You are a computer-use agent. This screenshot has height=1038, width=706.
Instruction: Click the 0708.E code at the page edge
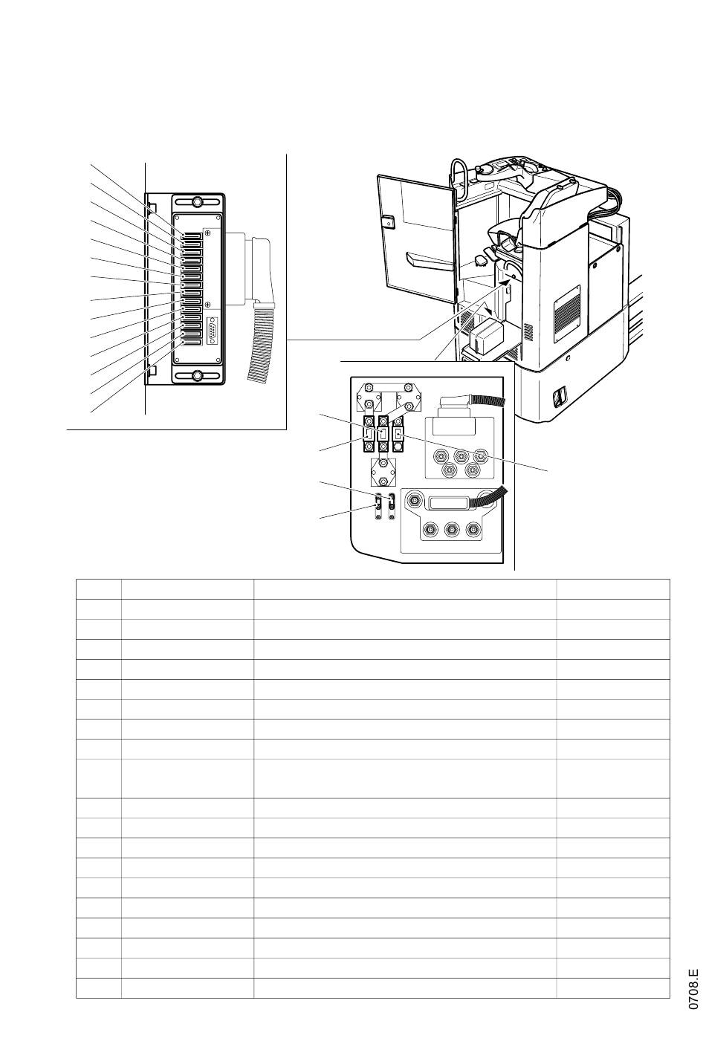point(693,987)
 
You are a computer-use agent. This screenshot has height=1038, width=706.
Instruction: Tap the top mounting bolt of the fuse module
point(198,203)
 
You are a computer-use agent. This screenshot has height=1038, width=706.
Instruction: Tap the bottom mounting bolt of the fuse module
point(198,374)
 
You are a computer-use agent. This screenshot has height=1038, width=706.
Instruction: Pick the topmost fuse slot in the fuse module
point(192,236)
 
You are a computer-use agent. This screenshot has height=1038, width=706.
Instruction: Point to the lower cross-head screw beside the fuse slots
point(207,305)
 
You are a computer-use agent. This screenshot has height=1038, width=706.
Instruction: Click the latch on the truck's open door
point(387,220)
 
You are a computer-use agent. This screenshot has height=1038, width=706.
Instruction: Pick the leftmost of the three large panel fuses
point(369,434)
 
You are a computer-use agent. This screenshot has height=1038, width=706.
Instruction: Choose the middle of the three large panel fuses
point(383,434)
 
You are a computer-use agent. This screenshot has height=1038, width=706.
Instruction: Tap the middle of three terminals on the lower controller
point(451,530)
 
